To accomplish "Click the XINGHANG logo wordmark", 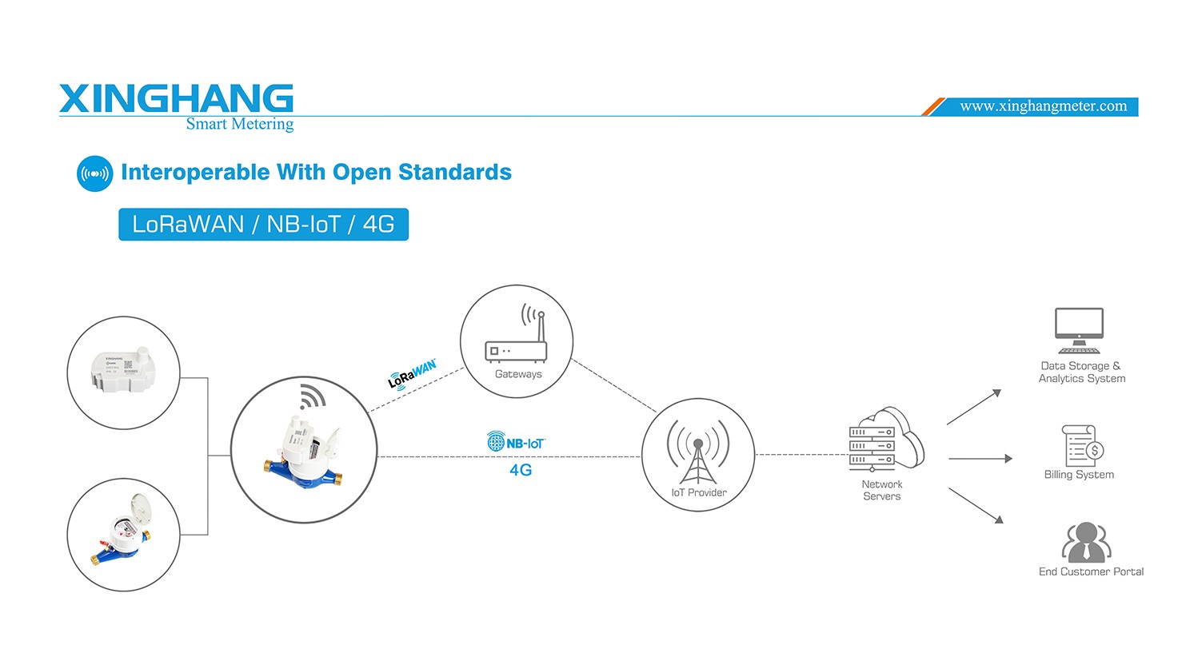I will pos(176,98).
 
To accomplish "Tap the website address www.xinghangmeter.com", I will pos(1043,106).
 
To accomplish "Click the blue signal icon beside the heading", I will pos(94,173).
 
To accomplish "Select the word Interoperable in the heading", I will pos(195,173).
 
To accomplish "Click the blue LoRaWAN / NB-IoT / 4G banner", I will pos(263,225).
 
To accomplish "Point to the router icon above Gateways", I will pos(517,336).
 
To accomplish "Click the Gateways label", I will pos(518,374).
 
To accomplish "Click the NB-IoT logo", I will pos(516,442).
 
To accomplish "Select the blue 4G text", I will pos(521,470).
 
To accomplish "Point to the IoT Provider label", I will pos(699,492).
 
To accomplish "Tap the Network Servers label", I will pos(882,490).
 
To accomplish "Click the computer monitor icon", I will pos(1079,330).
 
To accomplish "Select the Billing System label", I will pos(1079,475).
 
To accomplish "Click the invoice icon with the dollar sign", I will pos(1082,445).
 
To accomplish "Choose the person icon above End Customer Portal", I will pos(1086,543).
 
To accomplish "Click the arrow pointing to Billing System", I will pos(980,459).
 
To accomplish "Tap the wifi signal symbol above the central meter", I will pos(313,396).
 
